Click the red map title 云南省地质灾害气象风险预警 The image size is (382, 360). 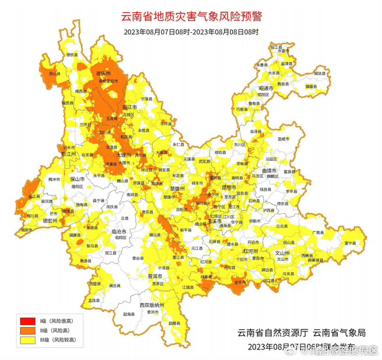[x=191, y=16]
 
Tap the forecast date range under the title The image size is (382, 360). [x=191, y=32]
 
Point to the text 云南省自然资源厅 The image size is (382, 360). [x=273, y=333]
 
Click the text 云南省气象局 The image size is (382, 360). [x=339, y=333]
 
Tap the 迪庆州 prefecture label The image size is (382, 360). [x=103, y=74]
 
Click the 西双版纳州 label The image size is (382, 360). [x=151, y=305]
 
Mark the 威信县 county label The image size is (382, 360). [x=320, y=73]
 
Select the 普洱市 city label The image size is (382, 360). [x=155, y=276]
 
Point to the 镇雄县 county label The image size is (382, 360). [x=311, y=86]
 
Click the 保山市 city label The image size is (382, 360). [x=77, y=179]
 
